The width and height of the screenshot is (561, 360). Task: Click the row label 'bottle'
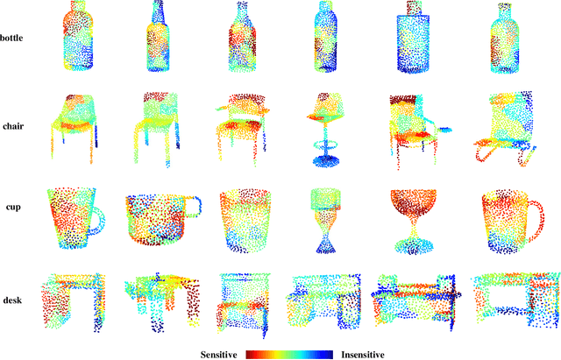click(x=11, y=38)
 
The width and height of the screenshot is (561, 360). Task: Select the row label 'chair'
click(x=13, y=126)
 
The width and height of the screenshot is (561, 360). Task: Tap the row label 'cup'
click(x=13, y=208)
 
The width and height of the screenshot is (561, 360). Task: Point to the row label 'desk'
click(x=12, y=300)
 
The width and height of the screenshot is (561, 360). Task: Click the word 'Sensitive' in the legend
click(x=218, y=355)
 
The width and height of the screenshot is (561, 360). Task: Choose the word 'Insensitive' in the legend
click(x=363, y=355)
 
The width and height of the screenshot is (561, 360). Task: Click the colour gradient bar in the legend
click(x=289, y=355)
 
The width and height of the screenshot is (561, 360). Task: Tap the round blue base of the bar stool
click(x=326, y=161)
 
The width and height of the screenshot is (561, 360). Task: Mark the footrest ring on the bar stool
click(x=325, y=145)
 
